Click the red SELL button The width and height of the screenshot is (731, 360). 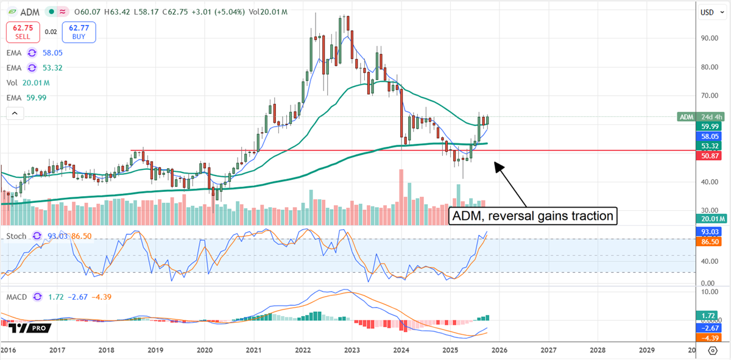tap(23, 31)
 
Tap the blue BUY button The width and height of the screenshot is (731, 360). tap(82, 31)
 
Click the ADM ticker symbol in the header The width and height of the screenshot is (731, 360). tap(30, 11)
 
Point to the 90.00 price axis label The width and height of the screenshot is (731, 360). tap(707, 38)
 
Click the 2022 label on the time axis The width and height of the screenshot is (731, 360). tap(303, 350)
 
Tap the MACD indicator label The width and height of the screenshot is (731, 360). tap(18, 297)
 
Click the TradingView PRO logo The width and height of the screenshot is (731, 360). tap(30, 328)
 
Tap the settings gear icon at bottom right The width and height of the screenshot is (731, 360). tap(712, 350)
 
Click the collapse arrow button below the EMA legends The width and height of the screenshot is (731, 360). tap(14, 113)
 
